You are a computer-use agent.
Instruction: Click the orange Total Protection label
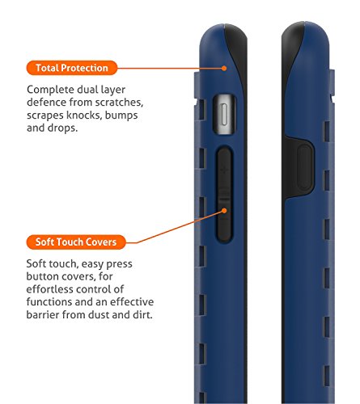pyautogui.click(x=72, y=68)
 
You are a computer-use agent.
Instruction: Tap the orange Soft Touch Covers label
pyautogui.click(x=76, y=242)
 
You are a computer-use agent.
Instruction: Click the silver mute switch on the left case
pyautogui.click(x=224, y=115)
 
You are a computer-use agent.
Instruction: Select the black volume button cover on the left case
pyautogui.click(x=224, y=195)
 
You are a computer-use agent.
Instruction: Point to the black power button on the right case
pyautogui.click(x=305, y=167)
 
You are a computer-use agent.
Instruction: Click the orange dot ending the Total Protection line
pyautogui.click(x=224, y=68)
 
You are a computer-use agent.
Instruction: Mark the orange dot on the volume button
pyautogui.click(x=224, y=211)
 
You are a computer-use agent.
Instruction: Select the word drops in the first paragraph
pyautogui.click(x=62, y=128)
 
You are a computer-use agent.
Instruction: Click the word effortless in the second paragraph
pyautogui.click(x=49, y=289)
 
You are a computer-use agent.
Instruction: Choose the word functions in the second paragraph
pyautogui.click(x=49, y=302)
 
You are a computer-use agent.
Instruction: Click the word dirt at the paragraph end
pyautogui.click(x=143, y=314)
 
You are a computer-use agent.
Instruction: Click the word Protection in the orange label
pyautogui.click(x=84, y=68)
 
